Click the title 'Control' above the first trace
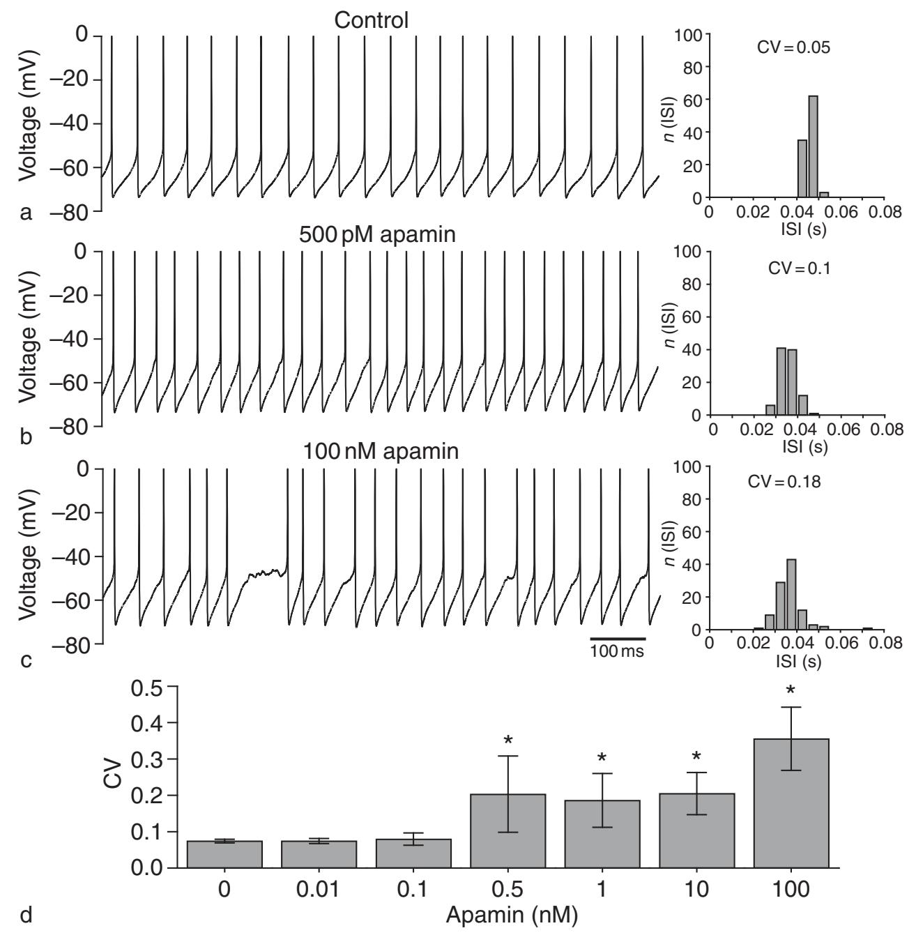click(371, 20)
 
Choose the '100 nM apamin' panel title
click(381, 452)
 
